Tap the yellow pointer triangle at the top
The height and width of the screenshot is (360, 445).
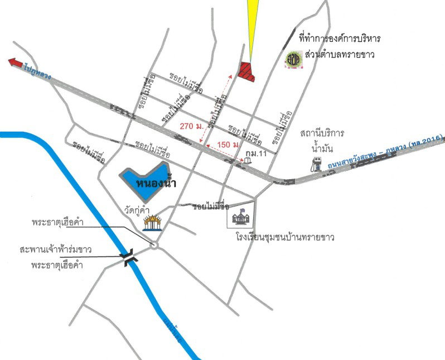pos(252,22)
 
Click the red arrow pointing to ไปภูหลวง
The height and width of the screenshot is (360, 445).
pos(16,63)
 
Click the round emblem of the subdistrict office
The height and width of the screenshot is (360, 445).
pos(293,59)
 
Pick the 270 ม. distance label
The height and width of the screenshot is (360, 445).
pos(191,127)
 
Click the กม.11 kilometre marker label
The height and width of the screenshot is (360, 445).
pos(263,152)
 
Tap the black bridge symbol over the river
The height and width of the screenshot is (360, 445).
pos(129,257)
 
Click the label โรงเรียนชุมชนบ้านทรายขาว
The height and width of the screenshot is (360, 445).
pos(285,238)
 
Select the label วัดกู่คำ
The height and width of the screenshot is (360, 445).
pos(138,209)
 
